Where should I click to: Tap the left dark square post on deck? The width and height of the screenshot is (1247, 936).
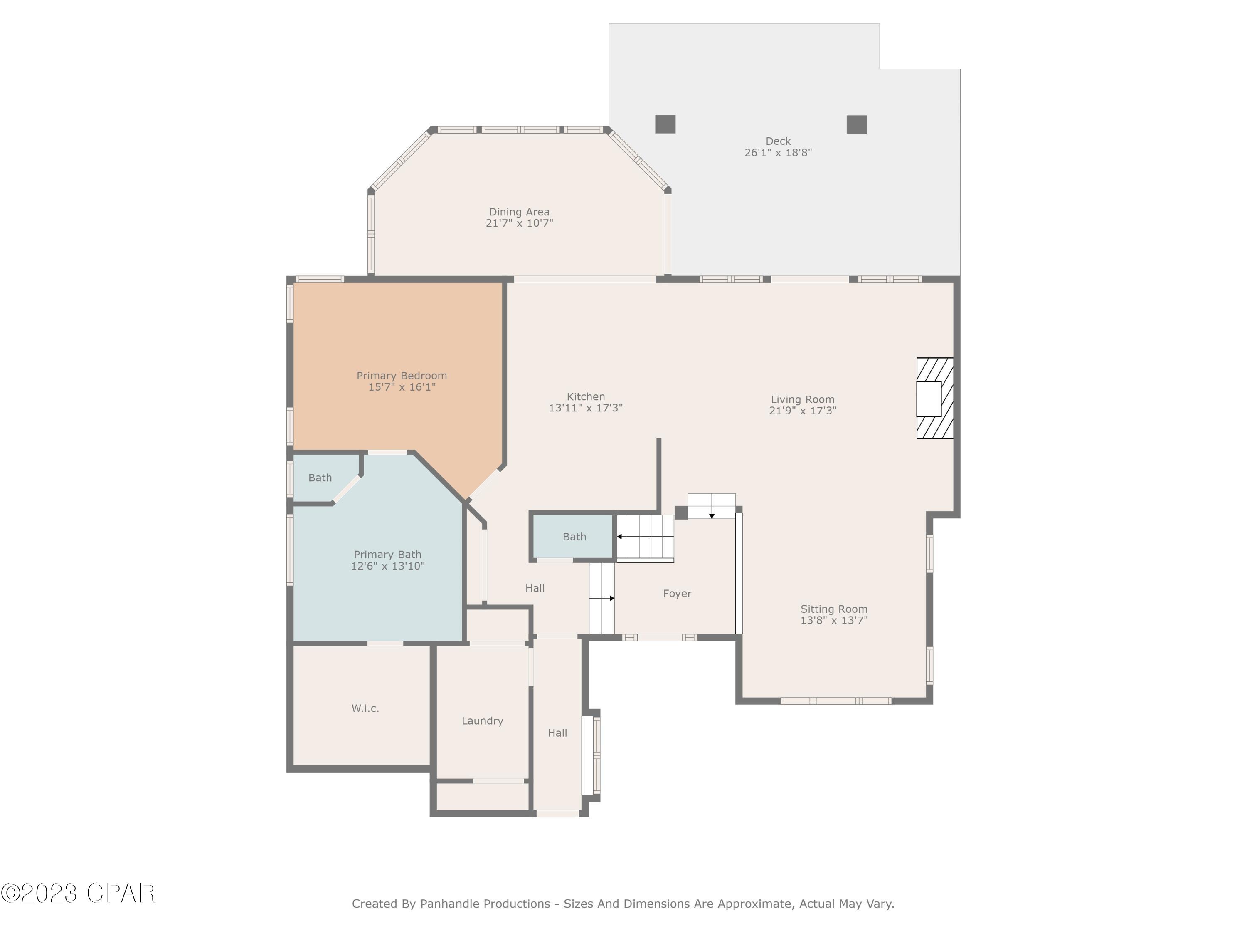tap(665, 124)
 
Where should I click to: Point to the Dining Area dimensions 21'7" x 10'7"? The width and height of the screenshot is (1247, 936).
tap(519, 223)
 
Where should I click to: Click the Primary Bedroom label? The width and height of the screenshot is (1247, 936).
tap(402, 376)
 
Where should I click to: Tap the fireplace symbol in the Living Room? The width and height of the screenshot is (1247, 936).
tap(934, 399)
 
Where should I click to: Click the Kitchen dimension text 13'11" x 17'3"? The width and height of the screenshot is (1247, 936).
tap(585, 408)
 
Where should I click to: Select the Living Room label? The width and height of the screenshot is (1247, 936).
tap(802, 399)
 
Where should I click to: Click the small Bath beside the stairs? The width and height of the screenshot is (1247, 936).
tap(574, 537)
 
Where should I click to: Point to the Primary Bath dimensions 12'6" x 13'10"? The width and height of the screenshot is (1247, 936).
tap(387, 566)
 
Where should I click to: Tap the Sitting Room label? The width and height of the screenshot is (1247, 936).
tap(834, 609)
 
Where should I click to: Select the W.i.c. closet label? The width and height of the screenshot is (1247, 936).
tap(365, 708)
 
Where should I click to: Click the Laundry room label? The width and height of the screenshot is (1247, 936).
tap(482, 721)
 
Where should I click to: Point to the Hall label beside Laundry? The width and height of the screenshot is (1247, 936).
tap(557, 733)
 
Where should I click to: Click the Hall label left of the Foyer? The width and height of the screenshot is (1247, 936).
tap(535, 588)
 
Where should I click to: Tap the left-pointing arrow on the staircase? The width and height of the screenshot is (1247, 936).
tap(620, 537)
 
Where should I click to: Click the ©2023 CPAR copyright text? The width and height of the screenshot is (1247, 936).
tap(78, 894)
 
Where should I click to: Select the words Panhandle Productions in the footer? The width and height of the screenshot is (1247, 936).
tap(485, 904)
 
